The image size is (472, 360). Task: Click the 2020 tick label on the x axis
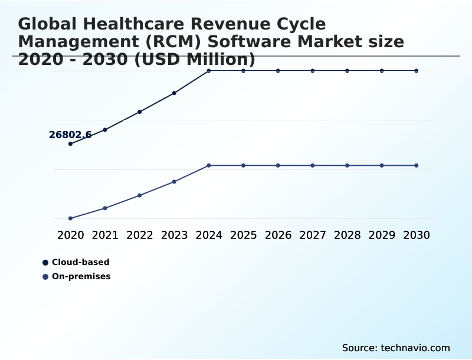(x=71, y=235)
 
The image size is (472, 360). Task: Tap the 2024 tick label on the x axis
(x=209, y=235)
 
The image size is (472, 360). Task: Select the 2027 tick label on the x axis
(x=313, y=235)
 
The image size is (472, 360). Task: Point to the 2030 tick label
(x=417, y=235)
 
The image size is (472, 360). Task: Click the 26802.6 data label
(x=70, y=135)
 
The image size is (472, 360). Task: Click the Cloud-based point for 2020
(x=71, y=143)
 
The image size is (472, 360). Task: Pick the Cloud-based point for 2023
(x=174, y=93)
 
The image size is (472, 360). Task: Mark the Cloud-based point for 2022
(x=140, y=112)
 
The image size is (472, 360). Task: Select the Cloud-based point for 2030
(x=417, y=71)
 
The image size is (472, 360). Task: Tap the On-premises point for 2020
(x=71, y=218)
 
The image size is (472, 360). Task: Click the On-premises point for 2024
(x=209, y=165)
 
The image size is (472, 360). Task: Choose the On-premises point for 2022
(x=140, y=195)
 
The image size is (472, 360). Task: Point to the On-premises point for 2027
(x=313, y=165)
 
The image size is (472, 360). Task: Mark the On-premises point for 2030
(x=417, y=165)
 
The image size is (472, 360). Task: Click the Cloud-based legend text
(x=81, y=262)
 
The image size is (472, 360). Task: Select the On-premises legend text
(x=81, y=276)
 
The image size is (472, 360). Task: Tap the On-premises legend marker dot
(x=45, y=276)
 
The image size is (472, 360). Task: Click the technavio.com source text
(x=415, y=348)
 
